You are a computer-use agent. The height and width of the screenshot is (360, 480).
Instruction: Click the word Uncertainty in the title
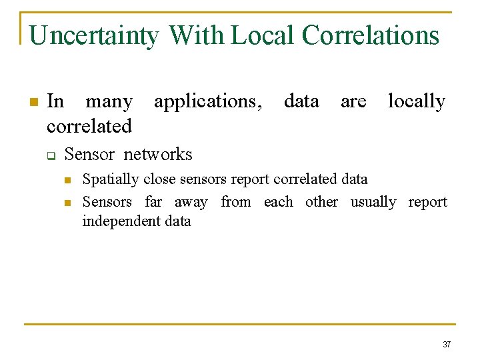tap(94, 35)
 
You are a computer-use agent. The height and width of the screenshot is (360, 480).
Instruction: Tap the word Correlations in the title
tap(371, 35)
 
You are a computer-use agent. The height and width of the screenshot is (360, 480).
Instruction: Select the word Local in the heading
tap(263, 35)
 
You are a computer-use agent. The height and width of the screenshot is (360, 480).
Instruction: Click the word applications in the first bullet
tap(208, 102)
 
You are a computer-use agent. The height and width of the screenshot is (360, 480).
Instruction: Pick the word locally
tap(416, 101)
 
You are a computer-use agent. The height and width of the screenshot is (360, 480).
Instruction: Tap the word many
tap(109, 102)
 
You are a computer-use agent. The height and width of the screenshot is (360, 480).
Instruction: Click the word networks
tap(158, 155)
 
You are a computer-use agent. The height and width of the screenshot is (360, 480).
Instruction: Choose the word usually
tap(373, 202)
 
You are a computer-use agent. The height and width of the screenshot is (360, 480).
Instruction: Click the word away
tap(191, 202)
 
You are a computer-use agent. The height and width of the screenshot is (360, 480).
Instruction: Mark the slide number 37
tap(447, 345)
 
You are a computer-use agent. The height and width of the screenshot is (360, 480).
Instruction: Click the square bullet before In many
tap(32, 102)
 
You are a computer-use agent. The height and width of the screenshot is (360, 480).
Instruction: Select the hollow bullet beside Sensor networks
tap(50, 155)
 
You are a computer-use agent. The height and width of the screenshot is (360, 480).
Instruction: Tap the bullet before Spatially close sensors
tap(67, 180)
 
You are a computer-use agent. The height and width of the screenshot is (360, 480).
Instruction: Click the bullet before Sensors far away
tap(67, 203)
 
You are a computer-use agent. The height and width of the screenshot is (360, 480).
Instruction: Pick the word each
tap(278, 201)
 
